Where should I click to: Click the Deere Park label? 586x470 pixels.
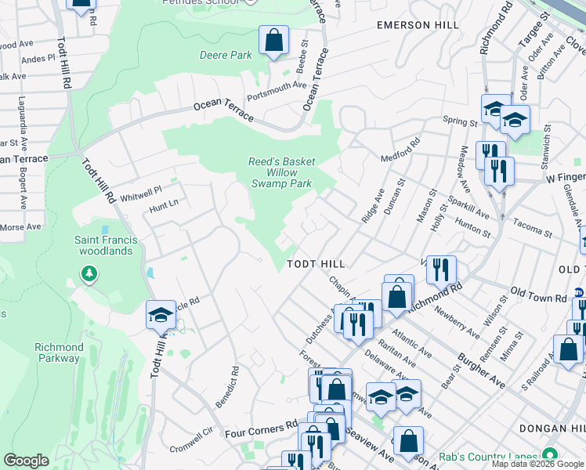tap(226, 56)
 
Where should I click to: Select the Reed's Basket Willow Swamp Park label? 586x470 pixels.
tap(281, 172)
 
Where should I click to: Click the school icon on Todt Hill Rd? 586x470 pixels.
tap(160, 315)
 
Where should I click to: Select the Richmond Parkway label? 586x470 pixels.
tap(58, 352)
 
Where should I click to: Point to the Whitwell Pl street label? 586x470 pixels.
tap(141, 190)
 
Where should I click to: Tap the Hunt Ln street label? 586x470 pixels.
tap(163, 208)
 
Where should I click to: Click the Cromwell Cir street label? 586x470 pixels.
tap(197, 432)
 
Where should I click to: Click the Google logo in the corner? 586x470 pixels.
tap(27, 461)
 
